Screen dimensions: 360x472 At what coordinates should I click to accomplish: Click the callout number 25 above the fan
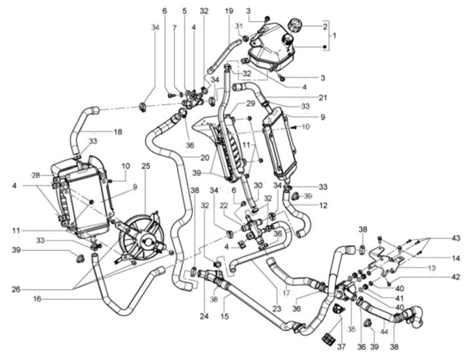[x=146, y=166]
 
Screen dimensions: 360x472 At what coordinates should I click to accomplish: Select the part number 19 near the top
[x=229, y=11]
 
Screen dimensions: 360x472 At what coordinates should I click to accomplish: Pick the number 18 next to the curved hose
[x=118, y=132]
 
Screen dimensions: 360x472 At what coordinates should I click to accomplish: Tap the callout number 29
[x=232, y=104]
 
